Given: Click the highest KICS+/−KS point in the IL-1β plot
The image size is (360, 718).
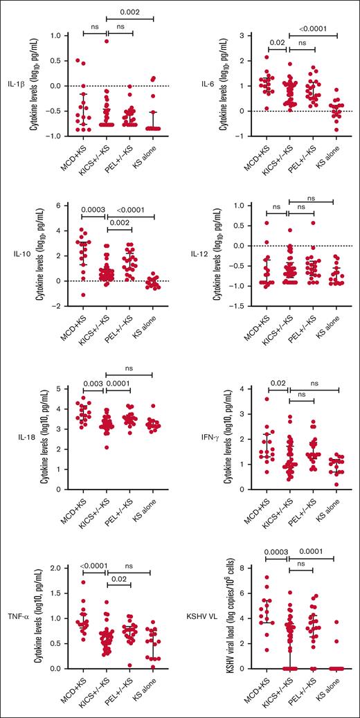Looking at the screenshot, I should pyautogui.click(x=106, y=41).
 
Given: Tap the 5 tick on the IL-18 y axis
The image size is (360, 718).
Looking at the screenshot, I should pyautogui.click(x=62, y=389).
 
